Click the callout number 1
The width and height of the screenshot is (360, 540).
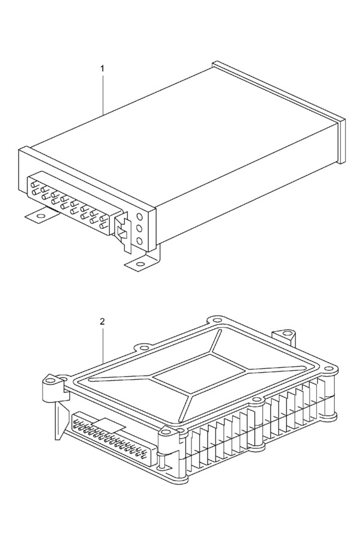click(x=102, y=68)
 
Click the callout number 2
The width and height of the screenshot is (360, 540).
click(x=102, y=322)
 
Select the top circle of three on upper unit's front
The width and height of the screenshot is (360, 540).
click(x=140, y=217)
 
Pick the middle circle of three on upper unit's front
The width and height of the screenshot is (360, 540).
click(x=140, y=229)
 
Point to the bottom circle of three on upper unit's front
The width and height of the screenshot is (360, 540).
click(x=140, y=241)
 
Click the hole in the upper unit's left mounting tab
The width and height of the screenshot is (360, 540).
click(x=41, y=217)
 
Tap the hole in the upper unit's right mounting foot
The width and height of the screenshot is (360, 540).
click(x=140, y=265)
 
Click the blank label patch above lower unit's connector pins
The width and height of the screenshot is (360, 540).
click(x=109, y=425)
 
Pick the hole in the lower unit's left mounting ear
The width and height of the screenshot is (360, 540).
click(x=51, y=381)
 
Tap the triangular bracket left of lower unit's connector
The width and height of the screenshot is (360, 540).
click(x=61, y=420)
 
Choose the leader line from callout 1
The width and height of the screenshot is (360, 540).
click(x=103, y=93)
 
